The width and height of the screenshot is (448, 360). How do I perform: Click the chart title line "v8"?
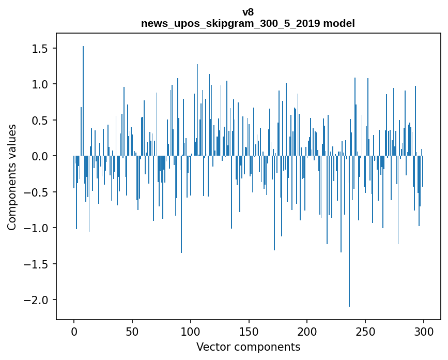[248, 12]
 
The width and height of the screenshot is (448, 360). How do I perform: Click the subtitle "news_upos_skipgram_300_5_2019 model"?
[248, 23]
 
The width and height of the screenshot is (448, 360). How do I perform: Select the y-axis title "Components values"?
[12, 177]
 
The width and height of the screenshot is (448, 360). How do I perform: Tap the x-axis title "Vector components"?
[248, 347]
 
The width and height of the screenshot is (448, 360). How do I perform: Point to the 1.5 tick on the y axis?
[41, 49]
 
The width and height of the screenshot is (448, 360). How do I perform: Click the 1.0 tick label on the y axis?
[41, 84]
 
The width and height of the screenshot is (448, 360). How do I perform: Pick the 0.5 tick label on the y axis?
[41, 121]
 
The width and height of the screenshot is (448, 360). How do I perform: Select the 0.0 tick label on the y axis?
[41, 156]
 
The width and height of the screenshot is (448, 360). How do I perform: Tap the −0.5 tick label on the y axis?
[38, 192]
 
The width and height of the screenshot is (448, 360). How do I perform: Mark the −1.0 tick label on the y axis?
[38, 228]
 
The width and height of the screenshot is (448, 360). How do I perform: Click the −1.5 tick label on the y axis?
[38, 264]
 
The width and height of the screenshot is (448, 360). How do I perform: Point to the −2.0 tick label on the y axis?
[38, 300]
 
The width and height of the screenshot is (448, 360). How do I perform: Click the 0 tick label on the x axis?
[74, 332]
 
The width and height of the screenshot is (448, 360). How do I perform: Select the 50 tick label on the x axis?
[132, 332]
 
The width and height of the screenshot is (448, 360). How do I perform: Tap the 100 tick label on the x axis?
[191, 332]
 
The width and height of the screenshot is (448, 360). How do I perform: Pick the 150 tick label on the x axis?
[249, 332]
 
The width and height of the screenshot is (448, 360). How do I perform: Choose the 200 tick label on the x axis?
[307, 332]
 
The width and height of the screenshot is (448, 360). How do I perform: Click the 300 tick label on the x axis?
[424, 332]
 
